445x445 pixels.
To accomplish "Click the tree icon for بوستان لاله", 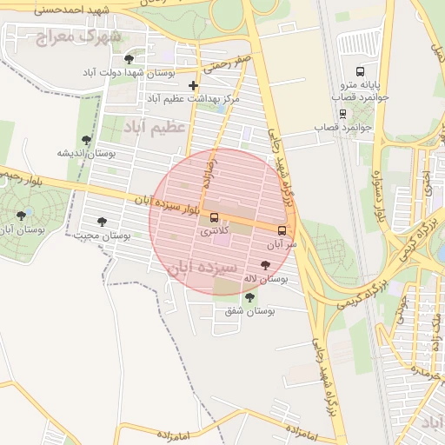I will click(x=265, y=264).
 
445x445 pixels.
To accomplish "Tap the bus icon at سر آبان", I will click(x=282, y=230).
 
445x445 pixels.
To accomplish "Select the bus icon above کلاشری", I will click(x=214, y=217).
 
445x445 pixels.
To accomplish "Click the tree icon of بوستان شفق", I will click(x=250, y=296).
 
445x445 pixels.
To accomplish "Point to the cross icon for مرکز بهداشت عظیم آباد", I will click(x=193, y=85).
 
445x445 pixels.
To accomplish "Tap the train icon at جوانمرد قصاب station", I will click(x=342, y=113).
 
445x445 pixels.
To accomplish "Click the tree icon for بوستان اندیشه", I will click(x=85, y=139).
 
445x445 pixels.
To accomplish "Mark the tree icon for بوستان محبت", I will click(x=103, y=221).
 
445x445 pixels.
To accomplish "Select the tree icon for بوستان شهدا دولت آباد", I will click(x=130, y=58).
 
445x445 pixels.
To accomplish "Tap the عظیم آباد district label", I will click(x=156, y=128).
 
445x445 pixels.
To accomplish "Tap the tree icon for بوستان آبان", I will click(x=21, y=215).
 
